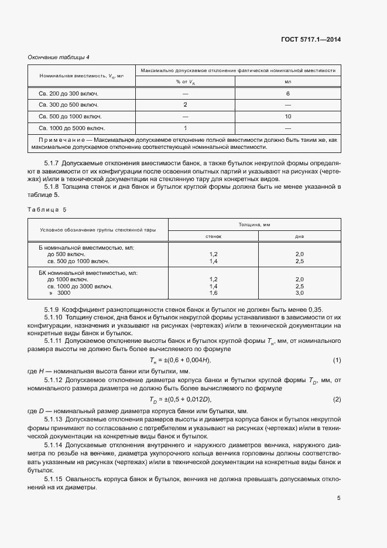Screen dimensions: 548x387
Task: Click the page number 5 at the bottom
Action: pyautogui.click(x=338, y=498)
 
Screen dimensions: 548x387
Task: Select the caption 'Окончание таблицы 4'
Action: pyautogui.click(x=59, y=57)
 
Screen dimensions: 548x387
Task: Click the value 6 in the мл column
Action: pyautogui.click(x=288, y=94)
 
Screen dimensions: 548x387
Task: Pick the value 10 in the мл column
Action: pyautogui.click(x=288, y=116)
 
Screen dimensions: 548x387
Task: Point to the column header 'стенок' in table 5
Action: pyautogui.click(x=213, y=236)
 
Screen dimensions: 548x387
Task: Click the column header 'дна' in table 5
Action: pyautogui.click(x=299, y=236)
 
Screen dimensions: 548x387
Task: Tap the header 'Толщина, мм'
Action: pyautogui.click(x=254, y=224)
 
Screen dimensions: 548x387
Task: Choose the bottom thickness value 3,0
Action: pyautogui.click(x=299, y=292)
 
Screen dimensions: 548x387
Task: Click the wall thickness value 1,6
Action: pyautogui.click(x=213, y=292)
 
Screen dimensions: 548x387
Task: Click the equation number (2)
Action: pyautogui.click(x=337, y=399)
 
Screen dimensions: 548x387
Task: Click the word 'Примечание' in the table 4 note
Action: pyautogui.click(x=61, y=141)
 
